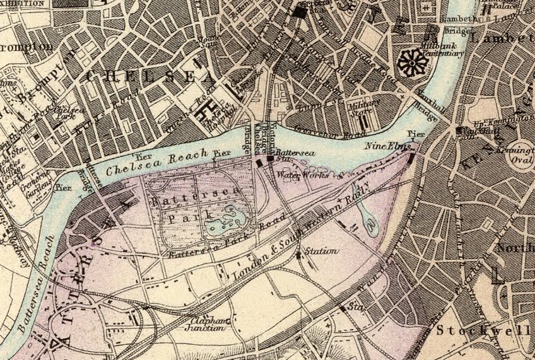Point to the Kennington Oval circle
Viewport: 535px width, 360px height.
pos(521,158)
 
